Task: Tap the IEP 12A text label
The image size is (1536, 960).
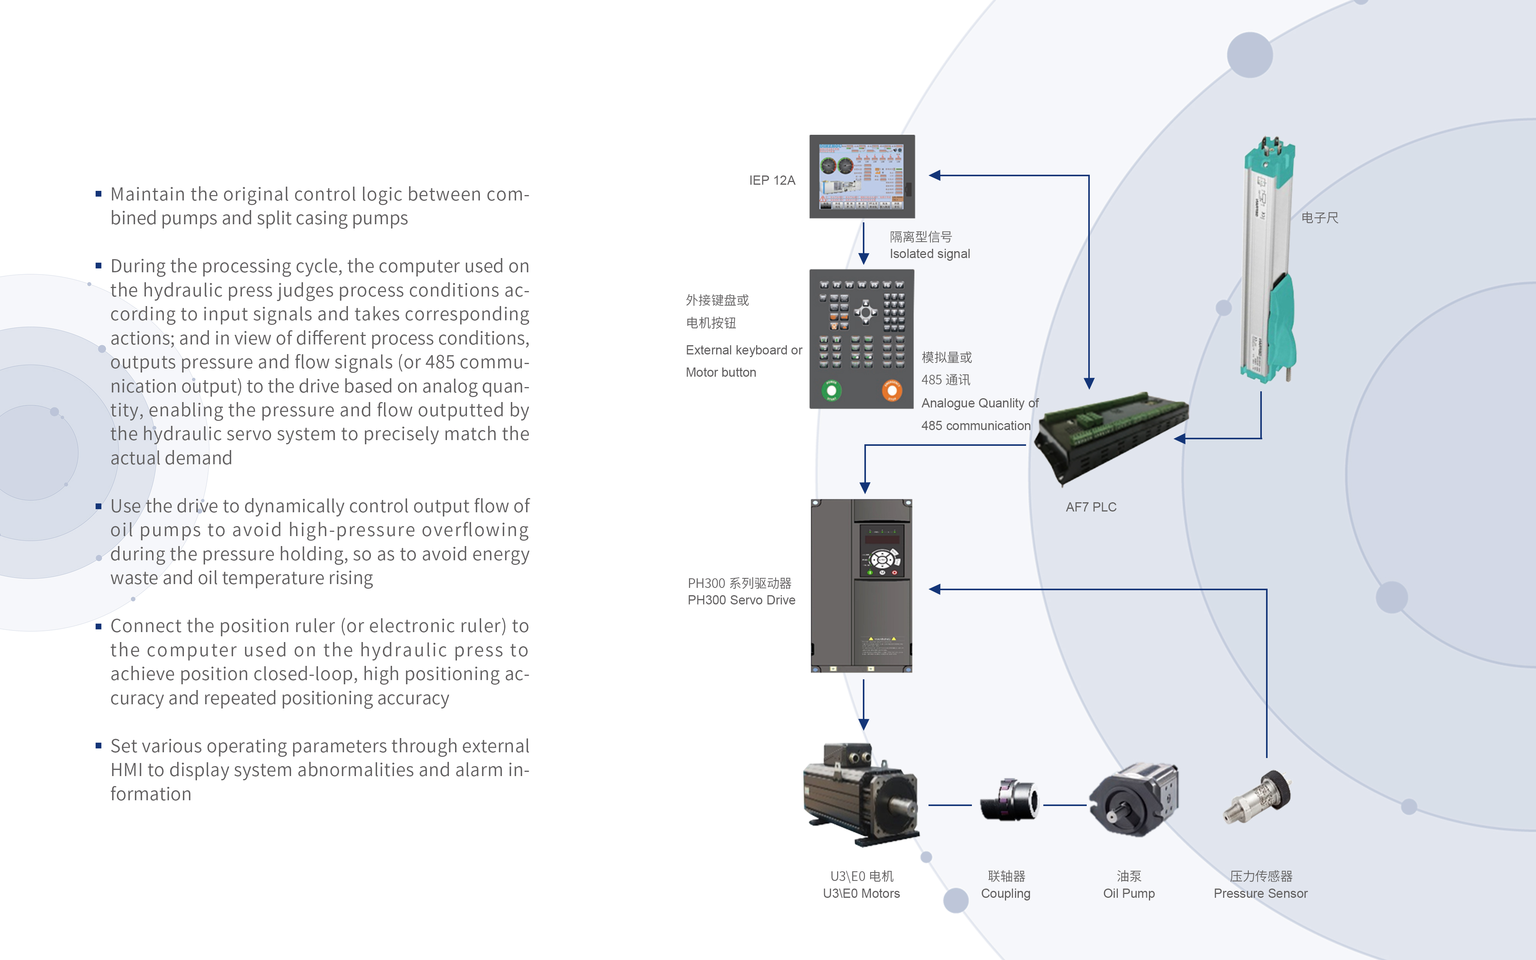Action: click(x=772, y=180)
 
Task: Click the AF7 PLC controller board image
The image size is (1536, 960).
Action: click(x=1111, y=435)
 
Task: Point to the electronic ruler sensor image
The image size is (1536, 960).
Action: click(x=1268, y=260)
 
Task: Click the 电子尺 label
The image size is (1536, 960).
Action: click(x=1319, y=218)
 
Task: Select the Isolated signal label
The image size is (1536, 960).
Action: click(x=929, y=254)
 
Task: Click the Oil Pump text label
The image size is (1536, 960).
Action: click(x=1129, y=893)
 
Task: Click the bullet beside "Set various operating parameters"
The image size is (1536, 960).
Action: click(x=98, y=745)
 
